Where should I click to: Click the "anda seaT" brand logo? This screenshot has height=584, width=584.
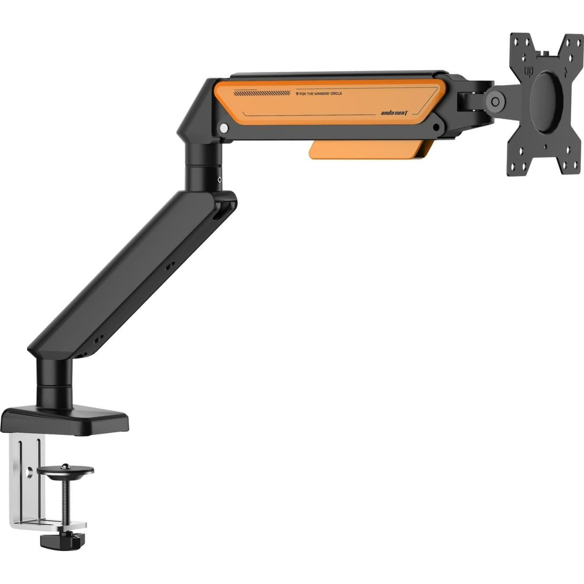coord(394,113)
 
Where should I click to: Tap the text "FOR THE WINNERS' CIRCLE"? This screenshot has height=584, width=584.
coord(319,94)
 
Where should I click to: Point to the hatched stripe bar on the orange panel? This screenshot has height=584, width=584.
coord(262,93)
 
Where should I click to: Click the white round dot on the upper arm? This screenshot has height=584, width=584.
coord(224,128)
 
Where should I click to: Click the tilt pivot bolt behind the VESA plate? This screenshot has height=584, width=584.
coord(496,102)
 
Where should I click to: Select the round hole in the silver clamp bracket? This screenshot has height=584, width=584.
coord(29,472)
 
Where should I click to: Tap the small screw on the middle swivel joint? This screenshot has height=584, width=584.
coord(220,179)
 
